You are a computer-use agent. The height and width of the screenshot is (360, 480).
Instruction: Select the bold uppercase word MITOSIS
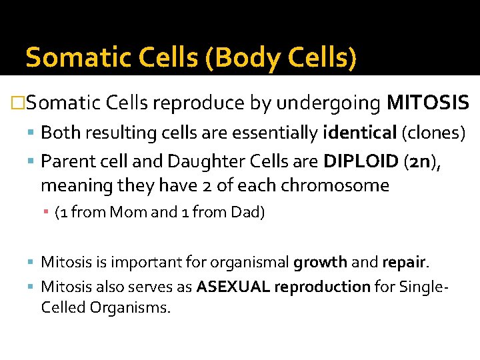[428, 104]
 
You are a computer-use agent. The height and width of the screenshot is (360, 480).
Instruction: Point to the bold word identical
[359, 133]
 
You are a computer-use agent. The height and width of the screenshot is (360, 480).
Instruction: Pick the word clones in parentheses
[433, 133]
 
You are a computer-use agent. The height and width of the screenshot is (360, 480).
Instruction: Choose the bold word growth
[320, 262]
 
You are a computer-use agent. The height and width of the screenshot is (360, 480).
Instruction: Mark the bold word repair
[404, 262]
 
